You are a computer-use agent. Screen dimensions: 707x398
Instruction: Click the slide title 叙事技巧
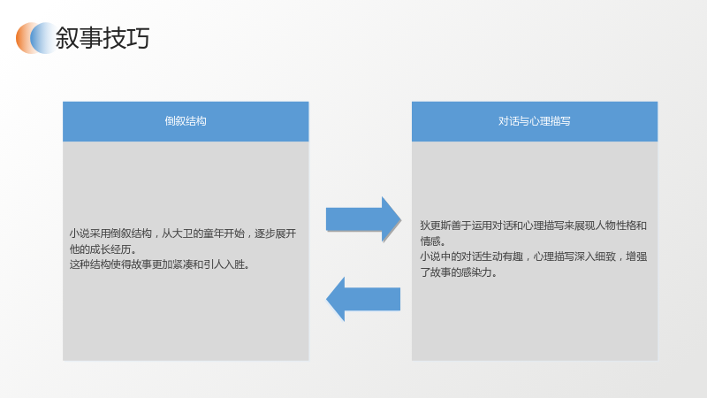coord(103,38)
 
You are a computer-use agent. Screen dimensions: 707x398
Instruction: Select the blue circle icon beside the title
coord(43,38)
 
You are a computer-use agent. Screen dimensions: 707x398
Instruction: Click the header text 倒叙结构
coord(186,121)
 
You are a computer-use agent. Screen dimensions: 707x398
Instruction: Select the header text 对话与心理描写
coord(535,121)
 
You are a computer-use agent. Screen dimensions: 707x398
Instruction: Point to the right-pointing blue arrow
coord(363,219)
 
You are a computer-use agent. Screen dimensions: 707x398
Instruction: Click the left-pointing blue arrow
coord(363,299)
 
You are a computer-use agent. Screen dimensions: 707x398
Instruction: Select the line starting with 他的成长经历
coord(103,249)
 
